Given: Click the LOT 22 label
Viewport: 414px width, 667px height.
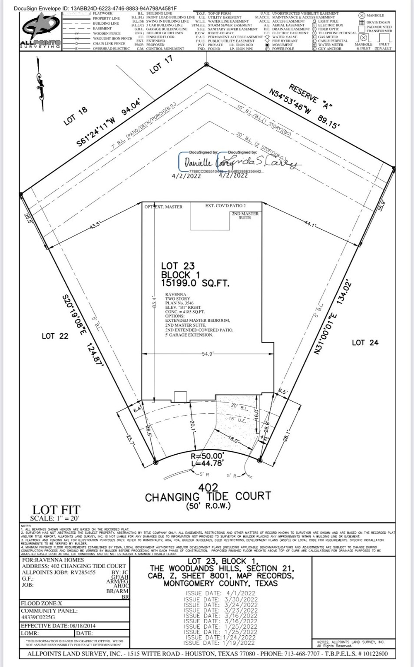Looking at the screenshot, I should pyautogui.click(x=55, y=336).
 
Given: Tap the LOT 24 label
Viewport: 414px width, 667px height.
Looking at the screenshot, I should pyautogui.click(x=365, y=343).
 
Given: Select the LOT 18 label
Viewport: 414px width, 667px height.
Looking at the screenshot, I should pyautogui.click(x=76, y=116).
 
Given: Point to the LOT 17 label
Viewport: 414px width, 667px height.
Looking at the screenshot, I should pyautogui.click(x=161, y=64).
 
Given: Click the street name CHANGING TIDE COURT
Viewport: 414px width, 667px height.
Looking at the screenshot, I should pyautogui.click(x=208, y=496).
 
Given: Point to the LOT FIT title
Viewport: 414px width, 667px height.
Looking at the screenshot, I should pyautogui.click(x=56, y=509).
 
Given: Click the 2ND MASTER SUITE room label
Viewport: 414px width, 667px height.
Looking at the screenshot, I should pyautogui.click(x=245, y=215).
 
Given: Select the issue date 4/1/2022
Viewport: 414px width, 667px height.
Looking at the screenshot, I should pyautogui.click(x=221, y=593).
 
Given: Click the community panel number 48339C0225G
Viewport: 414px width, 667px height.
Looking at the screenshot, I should pyautogui.click(x=38, y=617).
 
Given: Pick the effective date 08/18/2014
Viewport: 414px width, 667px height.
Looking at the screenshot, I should pyautogui.click(x=71, y=626).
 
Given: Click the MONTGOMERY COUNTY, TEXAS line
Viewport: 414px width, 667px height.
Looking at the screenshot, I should pyautogui.click(x=220, y=583).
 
